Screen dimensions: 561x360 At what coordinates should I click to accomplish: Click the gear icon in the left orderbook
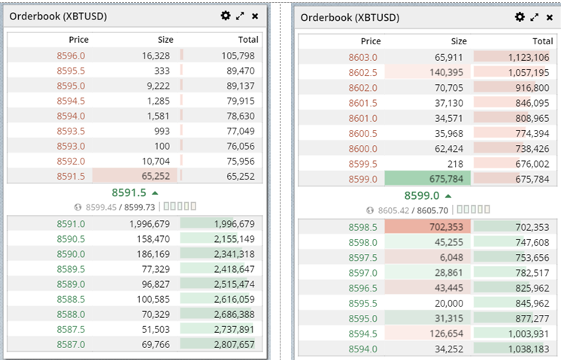coord(226,16)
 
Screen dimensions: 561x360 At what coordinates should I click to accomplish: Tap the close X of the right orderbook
coord(550,17)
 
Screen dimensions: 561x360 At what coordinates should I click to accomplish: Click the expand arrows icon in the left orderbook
coord(240,16)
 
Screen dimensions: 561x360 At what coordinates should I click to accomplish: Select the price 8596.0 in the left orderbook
coord(71,56)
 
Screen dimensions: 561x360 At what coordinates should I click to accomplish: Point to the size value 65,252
coord(156,176)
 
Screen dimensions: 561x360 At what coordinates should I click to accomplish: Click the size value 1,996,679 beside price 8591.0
coord(150,224)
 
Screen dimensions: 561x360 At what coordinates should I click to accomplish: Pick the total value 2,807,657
coord(235,344)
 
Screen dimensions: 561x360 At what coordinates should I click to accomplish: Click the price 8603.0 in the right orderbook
coord(362,57)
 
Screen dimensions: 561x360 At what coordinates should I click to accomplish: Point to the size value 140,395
coord(446,73)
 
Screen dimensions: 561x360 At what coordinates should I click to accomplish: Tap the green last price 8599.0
coord(421,195)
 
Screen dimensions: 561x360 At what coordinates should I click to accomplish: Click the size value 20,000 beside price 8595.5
coord(449,303)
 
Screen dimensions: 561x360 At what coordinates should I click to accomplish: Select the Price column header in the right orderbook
coord(371,41)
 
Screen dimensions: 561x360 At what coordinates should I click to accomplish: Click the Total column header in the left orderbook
coord(248,39)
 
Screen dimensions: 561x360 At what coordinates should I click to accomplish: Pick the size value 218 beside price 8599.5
coord(455,164)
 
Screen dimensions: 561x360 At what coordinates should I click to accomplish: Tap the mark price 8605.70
coord(432,210)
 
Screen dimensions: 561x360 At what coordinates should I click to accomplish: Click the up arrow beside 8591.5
coord(155,193)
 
